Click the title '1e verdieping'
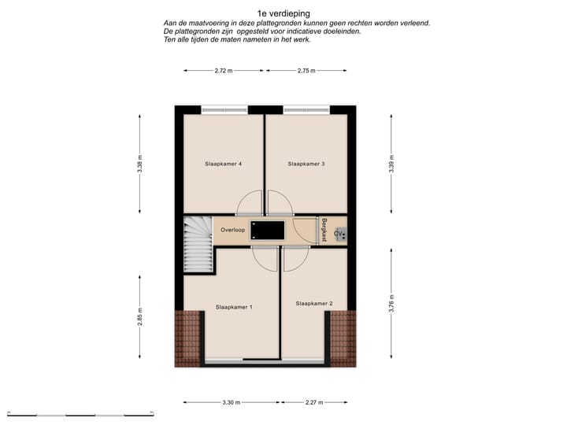pos(283,13)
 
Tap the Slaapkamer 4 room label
pos(223,164)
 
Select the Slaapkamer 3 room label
pos(306,164)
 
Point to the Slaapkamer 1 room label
pos(234,307)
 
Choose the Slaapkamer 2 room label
pos(314,303)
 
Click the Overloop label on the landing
pos(233,231)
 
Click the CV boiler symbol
pos(339,234)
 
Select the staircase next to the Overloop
pos(198,244)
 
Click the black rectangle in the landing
pos(267,231)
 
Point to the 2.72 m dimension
pos(224,71)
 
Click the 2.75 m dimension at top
pos(306,71)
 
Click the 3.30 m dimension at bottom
pos(231,402)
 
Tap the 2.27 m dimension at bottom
pos(314,402)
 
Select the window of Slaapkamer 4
pos(223,109)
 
